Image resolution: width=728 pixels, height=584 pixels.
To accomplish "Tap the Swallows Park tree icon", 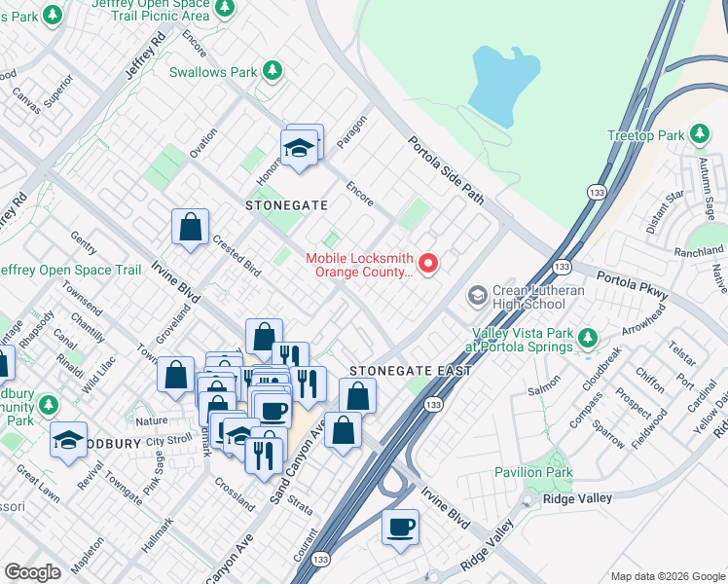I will [273, 71].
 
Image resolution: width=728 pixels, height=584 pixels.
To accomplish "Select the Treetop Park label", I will [646, 135].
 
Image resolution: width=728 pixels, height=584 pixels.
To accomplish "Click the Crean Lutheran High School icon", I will [477, 294].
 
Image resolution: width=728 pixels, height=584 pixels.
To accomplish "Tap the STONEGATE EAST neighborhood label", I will [410, 371].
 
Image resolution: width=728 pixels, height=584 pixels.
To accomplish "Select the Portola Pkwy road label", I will [629, 283].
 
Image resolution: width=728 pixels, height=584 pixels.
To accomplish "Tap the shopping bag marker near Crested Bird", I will [191, 228].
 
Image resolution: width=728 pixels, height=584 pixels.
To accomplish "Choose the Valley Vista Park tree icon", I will [587, 338].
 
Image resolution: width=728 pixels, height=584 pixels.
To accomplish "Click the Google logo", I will [32, 572].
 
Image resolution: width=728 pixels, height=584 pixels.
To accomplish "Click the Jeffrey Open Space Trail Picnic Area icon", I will [225, 9].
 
